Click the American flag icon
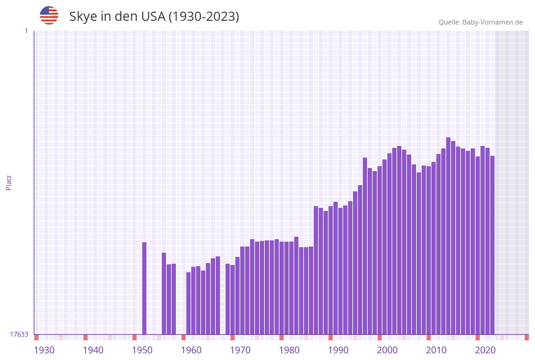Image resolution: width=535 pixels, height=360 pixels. pyautogui.click(x=49, y=15)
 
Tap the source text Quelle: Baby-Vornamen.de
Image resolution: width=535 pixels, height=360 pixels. pyautogui.click(x=480, y=22)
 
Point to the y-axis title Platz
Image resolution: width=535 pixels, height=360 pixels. pyautogui.click(x=9, y=182)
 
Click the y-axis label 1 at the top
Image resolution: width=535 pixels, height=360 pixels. pyautogui.click(x=26, y=31)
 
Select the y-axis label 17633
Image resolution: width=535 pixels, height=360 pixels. pyautogui.click(x=19, y=334)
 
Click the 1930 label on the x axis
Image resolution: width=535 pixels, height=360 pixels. pyautogui.click(x=44, y=350)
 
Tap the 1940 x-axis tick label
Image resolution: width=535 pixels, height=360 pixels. pyautogui.click(x=93, y=350)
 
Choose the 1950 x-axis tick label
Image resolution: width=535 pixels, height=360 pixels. pyautogui.click(x=142, y=350)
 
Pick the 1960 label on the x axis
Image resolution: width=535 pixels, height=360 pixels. pyautogui.click(x=191, y=350)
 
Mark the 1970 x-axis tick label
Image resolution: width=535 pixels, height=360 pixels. pyautogui.click(x=240, y=350)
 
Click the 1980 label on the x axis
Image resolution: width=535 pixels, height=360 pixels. pyautogui.click(x=289, y=350)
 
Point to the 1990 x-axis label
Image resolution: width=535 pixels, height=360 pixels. pyautogui.click(x=338, y=350)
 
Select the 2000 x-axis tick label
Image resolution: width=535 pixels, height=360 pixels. pyautogui.click(x=387, y=350)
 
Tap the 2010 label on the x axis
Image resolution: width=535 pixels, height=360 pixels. pyautogui.click(x=436, y=350)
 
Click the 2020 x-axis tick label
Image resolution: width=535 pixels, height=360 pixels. pyautogui.click(x=485, y=350)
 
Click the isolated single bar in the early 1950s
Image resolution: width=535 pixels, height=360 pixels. pyautogui.click(x=145, y=288)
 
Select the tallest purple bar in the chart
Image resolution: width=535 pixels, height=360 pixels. pyautogui.click(x=449, y=236)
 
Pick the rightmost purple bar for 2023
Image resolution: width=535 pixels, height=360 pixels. pyautogui.click(x=492, y=245)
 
